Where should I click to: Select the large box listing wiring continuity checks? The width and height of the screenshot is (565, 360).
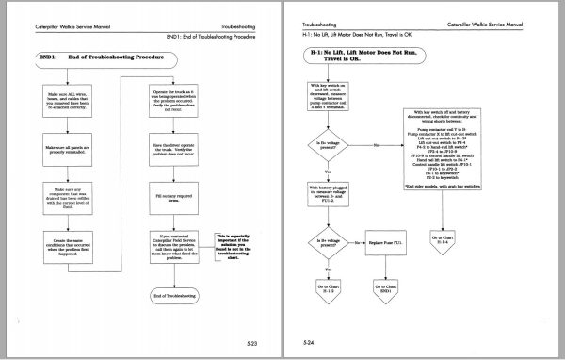446,148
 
